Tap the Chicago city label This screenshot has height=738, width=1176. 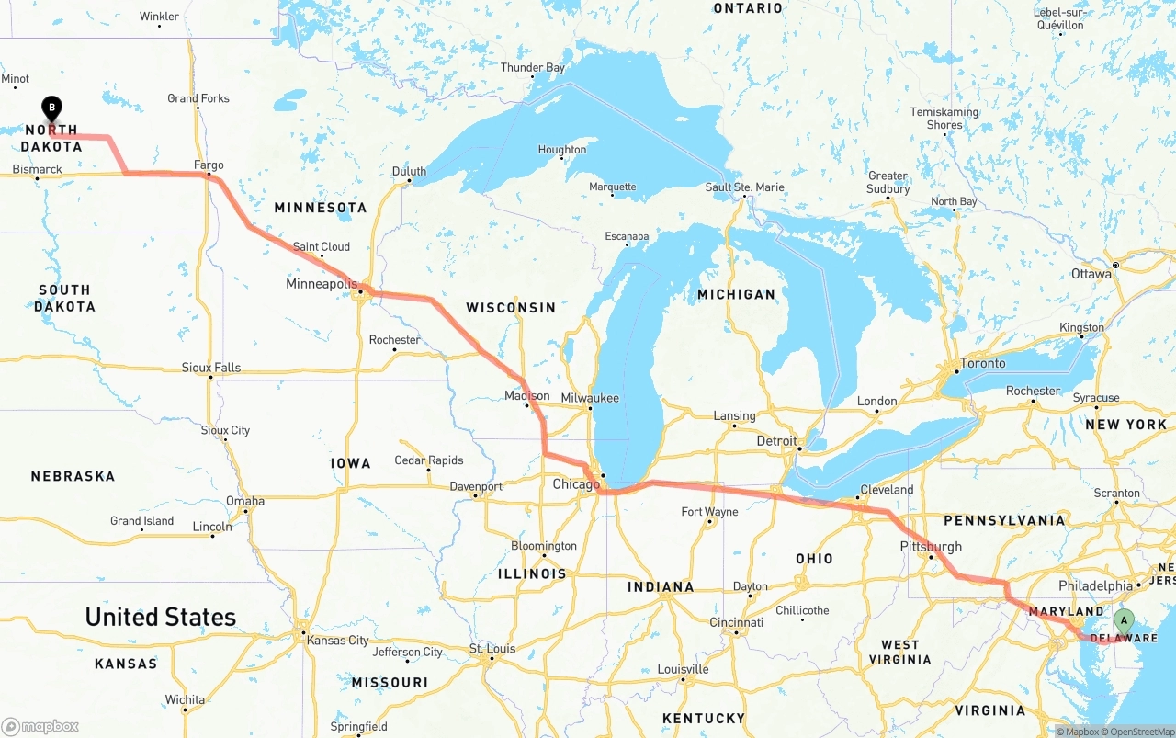click(x=576, y=484)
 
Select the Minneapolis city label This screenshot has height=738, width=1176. click(x=321, y=284)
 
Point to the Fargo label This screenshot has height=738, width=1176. click(x=209, y=165)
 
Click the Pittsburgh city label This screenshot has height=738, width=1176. click(x=931, y=546)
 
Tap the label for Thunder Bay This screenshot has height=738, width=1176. click(x=533, y=67)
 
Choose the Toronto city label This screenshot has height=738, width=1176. click(x=982, y=363)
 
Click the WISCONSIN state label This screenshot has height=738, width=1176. click(x=511, y=307)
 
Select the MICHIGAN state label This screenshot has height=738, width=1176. click(x=736, y=294)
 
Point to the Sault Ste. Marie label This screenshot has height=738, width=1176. click(x=744, y=187)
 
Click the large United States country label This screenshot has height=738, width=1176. click(x=161, y=617)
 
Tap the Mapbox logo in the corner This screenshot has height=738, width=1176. click(x=40, y=726)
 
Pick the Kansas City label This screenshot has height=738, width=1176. click(x=338, y=640)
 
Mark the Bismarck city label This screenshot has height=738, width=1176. click(x=37, y=169)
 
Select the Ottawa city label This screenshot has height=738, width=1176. click(x=1091, y=274)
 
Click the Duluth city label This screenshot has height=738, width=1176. click(x=409, y=171)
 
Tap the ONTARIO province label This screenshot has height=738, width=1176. click(x=748, y=8)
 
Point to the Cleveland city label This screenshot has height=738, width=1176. click(x=887, y=490)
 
